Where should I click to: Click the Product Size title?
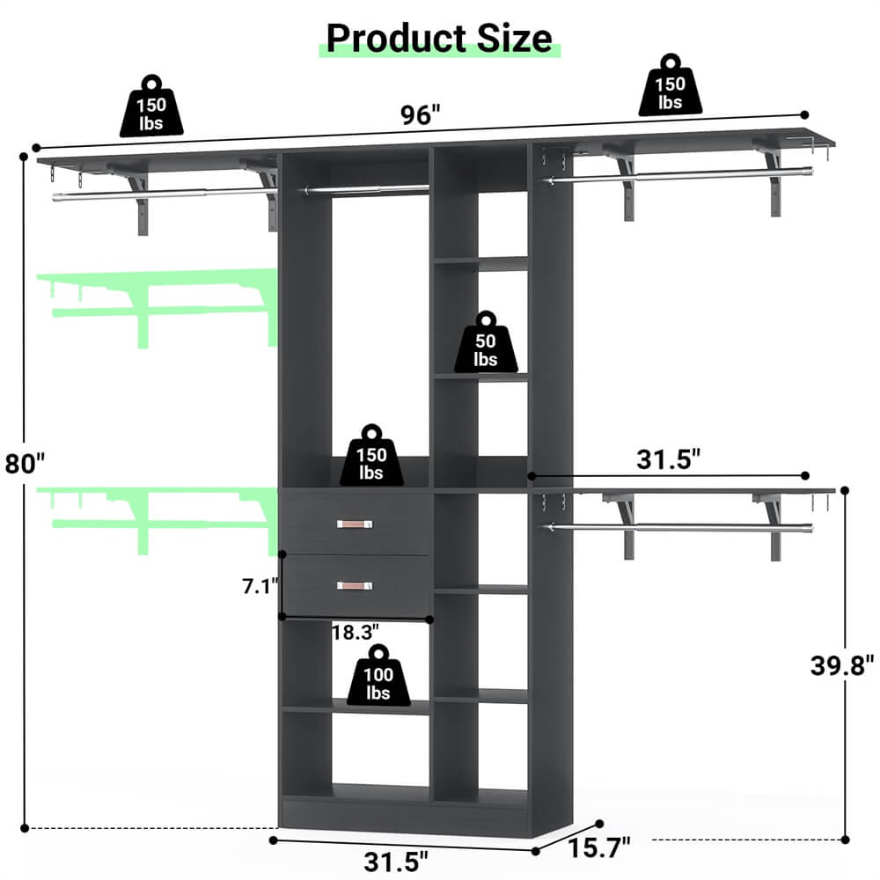pyautogui.click(x=439, y=38)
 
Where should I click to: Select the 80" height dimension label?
pyautogui.click(x=24, y=463)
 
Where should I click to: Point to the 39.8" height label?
pyautogui.click(x=842, y=664)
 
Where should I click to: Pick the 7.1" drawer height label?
pyautogui.click(x=260, y=584)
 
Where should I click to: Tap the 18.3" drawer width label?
pyautogui.click(x=356, y=632)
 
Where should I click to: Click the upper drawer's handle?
pyautogui.click(x=356, y=524)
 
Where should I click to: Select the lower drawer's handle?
pyautogui.click(x=356, y=585)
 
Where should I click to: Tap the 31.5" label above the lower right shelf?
pyautogui.click(x=670, y=458)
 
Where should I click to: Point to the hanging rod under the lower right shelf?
pyautogui.click(x=678, y=529)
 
